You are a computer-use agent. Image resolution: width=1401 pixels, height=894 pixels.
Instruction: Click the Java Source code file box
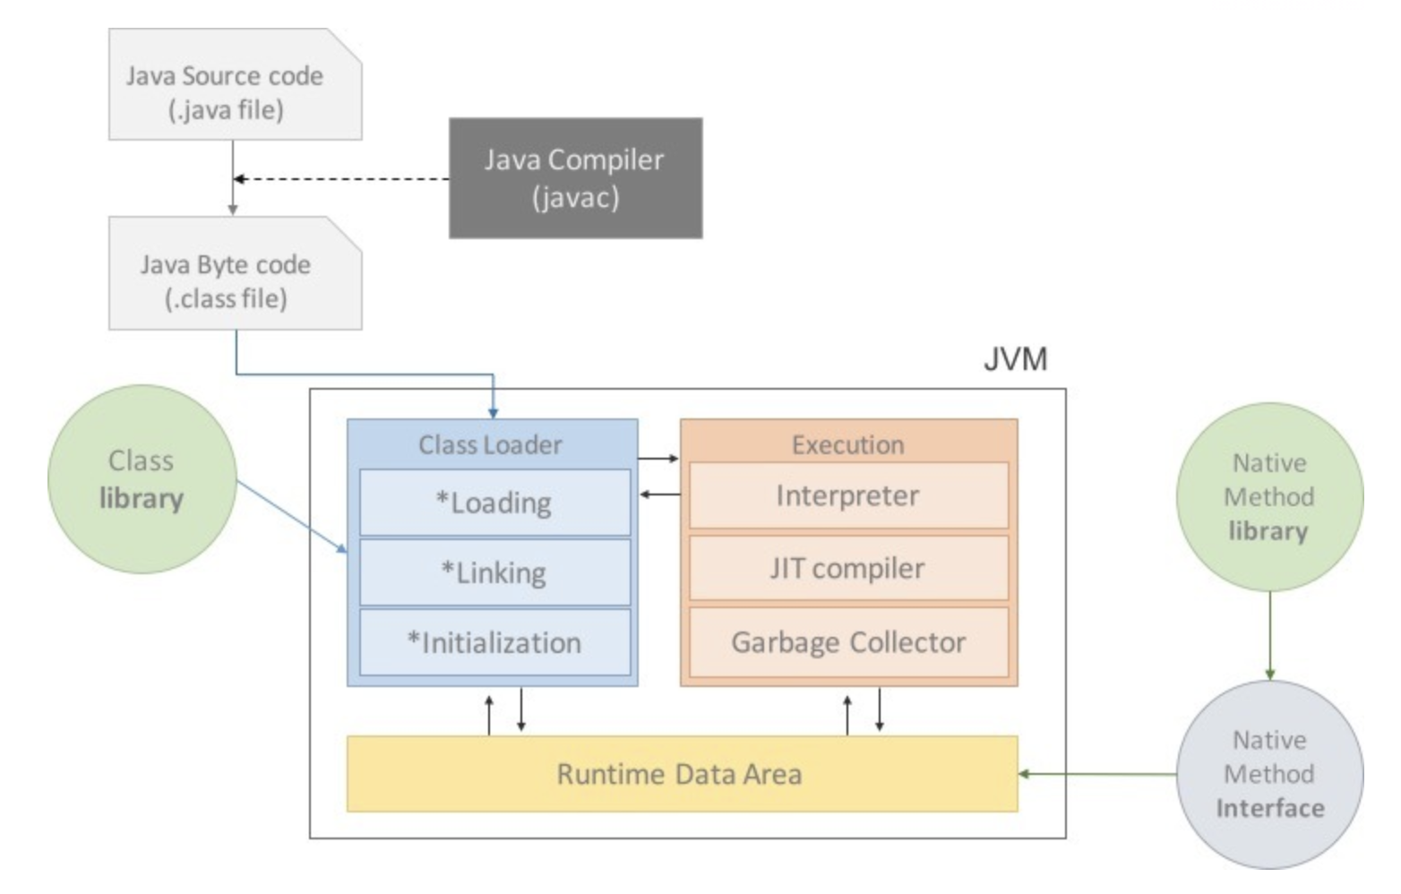[x=236, y=84]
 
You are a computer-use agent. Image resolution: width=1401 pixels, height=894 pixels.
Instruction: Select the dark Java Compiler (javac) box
[x=575, y=178]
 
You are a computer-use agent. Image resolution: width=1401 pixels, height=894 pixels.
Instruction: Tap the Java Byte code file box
[x=236, y=272]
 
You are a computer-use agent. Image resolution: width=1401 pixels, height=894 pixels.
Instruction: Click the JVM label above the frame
[x=1015, y=359]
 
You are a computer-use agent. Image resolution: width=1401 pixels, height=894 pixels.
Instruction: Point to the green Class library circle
[x=142, y=479]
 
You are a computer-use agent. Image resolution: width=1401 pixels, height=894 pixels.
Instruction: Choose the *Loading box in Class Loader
[x=494, y=503]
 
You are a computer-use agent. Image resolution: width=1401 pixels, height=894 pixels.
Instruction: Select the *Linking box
[x=494, y=572]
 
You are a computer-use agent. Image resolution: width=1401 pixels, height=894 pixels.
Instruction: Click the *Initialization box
[x=494, y=642]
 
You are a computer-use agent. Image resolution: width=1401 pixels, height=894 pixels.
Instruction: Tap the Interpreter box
[x=848, y=495]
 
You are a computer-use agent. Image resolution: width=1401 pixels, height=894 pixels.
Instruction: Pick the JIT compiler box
[x=848, y=568]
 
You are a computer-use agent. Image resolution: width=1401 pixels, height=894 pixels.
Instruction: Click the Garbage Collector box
[x=848, y=642]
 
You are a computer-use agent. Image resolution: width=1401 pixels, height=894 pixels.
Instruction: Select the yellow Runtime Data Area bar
[x=683, y=774]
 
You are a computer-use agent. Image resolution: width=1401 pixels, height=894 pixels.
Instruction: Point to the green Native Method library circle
[x=1269, y=497]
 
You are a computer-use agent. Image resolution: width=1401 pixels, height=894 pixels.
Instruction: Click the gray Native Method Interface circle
[x=1269, y=775]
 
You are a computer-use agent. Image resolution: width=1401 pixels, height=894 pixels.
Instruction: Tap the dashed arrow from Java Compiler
[x=341, y=179]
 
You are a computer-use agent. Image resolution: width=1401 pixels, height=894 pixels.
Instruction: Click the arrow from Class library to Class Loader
[x=292, y=517]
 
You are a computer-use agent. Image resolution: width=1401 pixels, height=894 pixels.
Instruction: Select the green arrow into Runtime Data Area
[x=1097, y=774]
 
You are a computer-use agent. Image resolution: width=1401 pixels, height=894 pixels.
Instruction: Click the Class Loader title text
[x=490, y=445]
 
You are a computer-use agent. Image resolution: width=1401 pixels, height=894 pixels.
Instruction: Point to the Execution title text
[x=848, y=445]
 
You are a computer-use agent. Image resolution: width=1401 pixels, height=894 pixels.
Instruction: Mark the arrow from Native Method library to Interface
[x=1269, y=636]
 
